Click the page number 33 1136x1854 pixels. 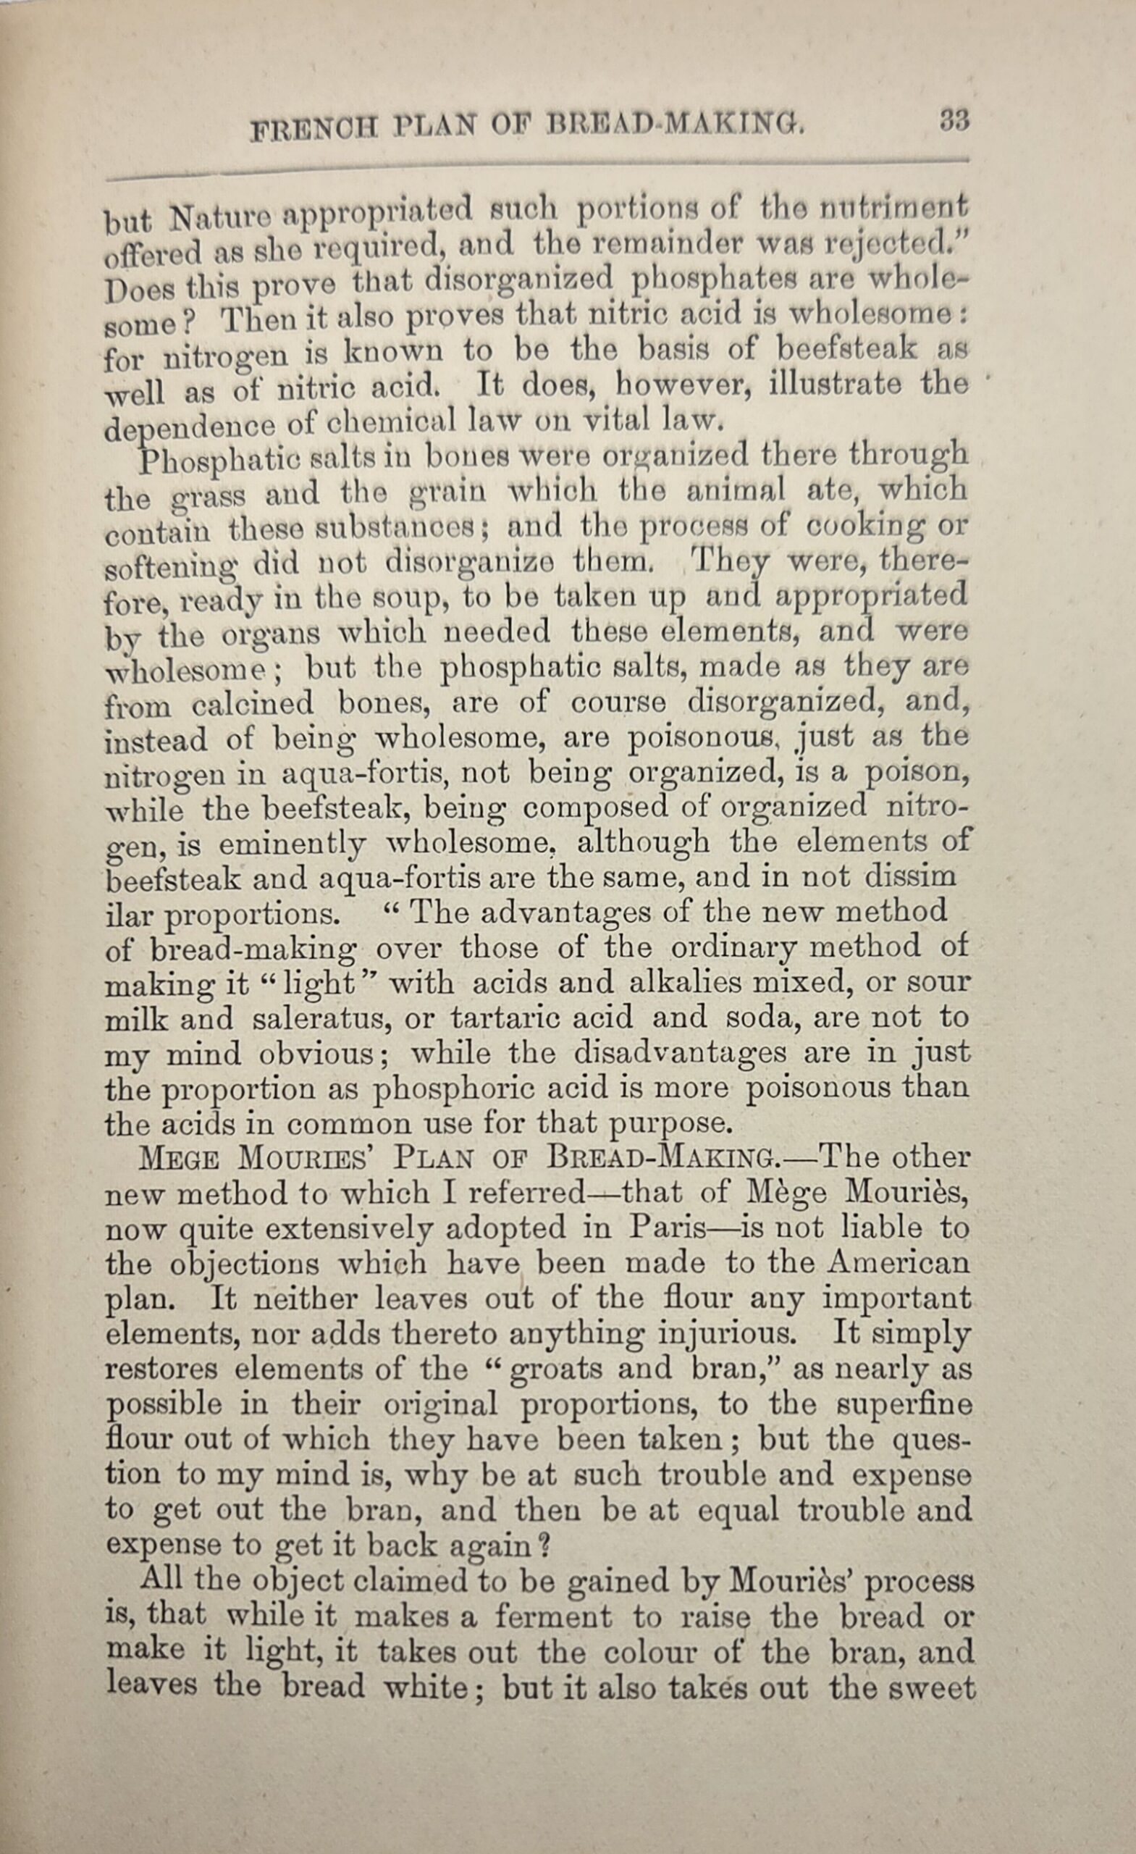coord(954,120)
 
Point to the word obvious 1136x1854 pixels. coord(316,1054)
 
